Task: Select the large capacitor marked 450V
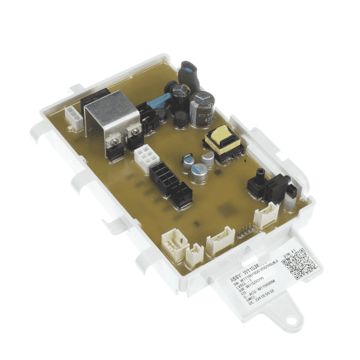(202, 107)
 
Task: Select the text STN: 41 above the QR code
(288, 251)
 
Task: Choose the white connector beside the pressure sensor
(266, 215)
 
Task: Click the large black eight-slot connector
(162, 176)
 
